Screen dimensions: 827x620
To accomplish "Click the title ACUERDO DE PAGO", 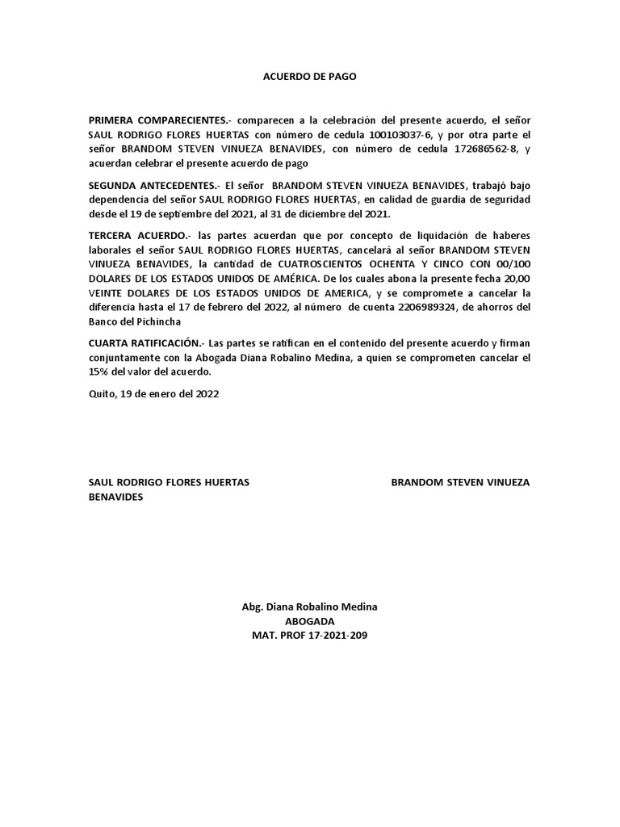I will click(x=309, y=77).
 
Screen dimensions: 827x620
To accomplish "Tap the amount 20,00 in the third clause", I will click(x=516, y=278).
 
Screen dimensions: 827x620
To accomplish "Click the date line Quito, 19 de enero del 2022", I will click(x=153, y=394).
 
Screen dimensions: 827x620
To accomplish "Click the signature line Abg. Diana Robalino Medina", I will click(x=309, y=607).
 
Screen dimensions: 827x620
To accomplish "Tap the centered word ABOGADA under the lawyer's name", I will click(x=309, y=621).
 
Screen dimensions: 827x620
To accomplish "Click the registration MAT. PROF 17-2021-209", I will click(x=309, y=636).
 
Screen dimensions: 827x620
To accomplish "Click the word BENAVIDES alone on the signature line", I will click(x=115, y=497).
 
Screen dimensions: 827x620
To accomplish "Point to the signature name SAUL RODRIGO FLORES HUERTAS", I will click(x=168, y=482).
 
